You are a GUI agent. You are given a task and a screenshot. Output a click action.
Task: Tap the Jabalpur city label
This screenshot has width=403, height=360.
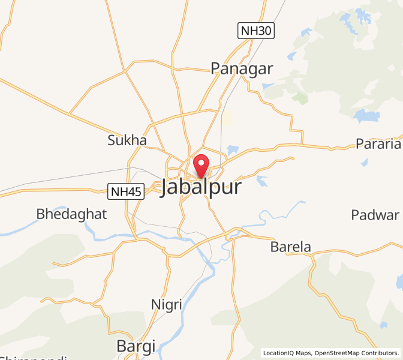[x=201, y=187]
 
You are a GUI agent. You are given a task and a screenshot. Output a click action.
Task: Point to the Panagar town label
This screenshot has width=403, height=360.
[x=242, y=69]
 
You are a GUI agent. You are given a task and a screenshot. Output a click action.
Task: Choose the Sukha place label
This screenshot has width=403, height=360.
[x=127, y=140]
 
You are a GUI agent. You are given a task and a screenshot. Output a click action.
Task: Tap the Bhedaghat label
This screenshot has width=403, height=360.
[x=71, y=214]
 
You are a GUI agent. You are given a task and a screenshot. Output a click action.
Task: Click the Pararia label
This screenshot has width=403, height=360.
[x=378, y=144]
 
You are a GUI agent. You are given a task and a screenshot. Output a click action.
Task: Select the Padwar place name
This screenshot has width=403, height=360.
[x=375, y=215]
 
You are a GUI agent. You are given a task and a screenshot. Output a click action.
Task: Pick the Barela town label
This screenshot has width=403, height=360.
[x=291, y=247]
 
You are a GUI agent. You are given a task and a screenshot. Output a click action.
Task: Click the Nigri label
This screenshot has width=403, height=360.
[x=166, y=305]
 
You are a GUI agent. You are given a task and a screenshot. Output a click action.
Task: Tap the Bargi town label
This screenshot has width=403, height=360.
[x=136, y=346]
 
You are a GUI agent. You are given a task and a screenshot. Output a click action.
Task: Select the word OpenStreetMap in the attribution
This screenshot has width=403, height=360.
[x=339, y=353]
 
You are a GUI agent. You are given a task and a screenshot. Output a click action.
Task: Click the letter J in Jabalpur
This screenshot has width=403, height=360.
[x=166, y=188]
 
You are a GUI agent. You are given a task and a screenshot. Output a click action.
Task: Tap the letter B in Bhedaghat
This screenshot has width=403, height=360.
[x=41, y=214]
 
